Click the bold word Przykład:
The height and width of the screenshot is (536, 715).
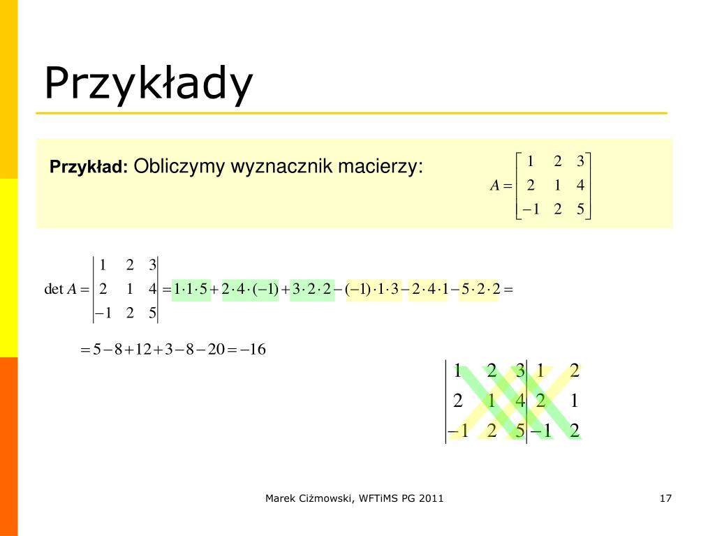coord(89,167)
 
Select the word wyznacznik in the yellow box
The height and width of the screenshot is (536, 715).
coord(281,167)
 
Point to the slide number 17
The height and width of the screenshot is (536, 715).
coord(665,498)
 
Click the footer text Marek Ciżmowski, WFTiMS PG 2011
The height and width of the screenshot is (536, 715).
coord(354,498)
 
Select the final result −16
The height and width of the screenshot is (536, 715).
coord(253,349)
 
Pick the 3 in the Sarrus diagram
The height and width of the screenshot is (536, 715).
coord(520,371)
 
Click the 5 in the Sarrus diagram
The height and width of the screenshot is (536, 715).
coord(520,431)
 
